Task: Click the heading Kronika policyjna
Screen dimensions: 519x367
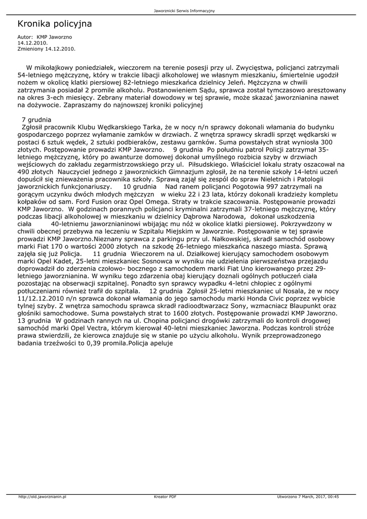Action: (x=55, y=24)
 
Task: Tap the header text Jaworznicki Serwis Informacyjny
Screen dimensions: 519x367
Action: (x=184, y=11)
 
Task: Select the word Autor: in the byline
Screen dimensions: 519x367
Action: (x=25, y=38)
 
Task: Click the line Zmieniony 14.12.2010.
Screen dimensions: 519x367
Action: (x=46, y=49)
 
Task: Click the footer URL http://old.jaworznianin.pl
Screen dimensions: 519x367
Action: (x=43, y=497)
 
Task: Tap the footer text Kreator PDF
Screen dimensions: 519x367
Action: (x=165, y=497)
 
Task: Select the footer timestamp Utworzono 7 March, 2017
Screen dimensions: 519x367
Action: (x=302, y=497)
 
